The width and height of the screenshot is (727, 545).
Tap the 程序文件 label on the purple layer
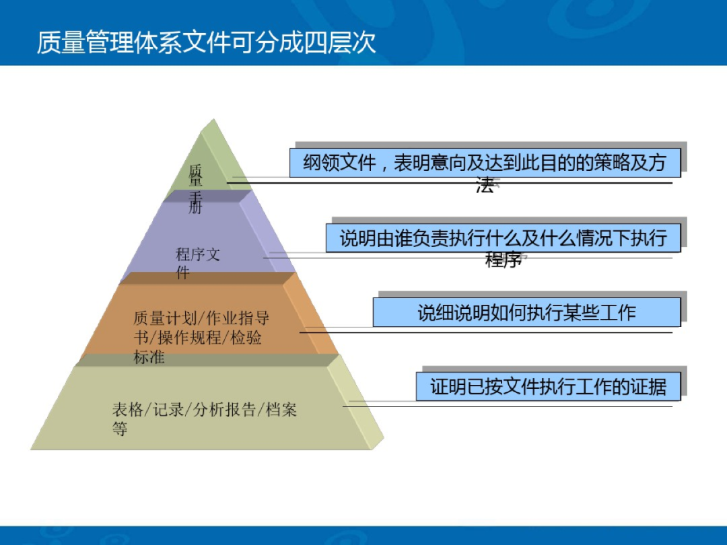pos(197,263)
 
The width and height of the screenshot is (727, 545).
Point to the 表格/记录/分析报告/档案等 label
pos(204,419)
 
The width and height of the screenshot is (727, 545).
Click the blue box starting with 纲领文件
pos(485,163)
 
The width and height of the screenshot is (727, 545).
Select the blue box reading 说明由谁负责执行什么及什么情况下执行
pos(503,238)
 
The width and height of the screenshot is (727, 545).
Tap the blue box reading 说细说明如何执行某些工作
pos(526,312)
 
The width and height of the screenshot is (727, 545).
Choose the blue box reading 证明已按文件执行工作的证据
pos(548,387)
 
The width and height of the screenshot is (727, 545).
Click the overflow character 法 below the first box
pos(485,186)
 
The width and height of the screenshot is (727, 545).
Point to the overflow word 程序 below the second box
pos(503,260)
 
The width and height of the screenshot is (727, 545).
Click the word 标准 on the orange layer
pos(149,357)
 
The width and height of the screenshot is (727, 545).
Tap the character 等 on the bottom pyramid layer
pos(120,429)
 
